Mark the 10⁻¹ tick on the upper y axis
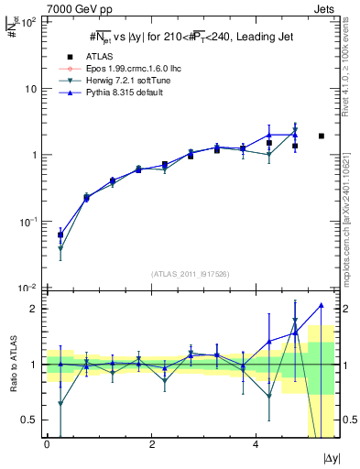click(x=30, y=222)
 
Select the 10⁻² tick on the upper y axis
click(x=30, y=288)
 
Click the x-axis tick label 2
click(x=151, y=443)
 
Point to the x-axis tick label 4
click(x=256, y=443)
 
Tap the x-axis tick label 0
click(x=47, y=443)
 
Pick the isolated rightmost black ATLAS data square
click(x=321, y=136)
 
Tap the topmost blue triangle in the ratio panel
click(x=321, y=305)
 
